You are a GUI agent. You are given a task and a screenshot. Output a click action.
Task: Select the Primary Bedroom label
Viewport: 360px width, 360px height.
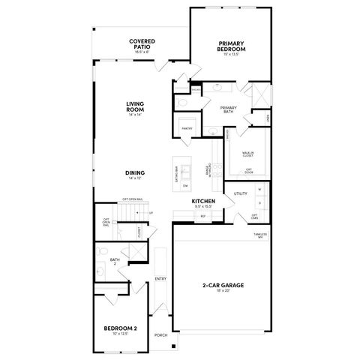tap(232, 47)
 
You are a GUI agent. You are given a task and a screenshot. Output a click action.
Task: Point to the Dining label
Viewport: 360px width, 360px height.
tap(136, 172)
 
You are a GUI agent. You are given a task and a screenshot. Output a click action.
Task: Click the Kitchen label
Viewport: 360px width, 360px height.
tap(203, 202)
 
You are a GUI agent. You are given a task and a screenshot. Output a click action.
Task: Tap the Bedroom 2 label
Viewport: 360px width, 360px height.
tap(119, 329)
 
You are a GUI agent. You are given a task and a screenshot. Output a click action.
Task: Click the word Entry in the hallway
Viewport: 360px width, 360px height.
tap(160, 279)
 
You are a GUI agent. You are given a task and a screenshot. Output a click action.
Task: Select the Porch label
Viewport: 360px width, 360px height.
tap(160, 335)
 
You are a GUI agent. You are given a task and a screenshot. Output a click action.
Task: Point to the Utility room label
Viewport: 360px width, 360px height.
tap(240, 193)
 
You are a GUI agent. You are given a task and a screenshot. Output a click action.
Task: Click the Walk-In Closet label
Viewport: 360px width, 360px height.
tap(247, 154)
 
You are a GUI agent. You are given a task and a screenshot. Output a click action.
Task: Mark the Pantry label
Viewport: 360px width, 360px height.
tap(187, 128)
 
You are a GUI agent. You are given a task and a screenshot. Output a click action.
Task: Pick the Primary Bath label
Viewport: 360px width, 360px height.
tap(229, 109)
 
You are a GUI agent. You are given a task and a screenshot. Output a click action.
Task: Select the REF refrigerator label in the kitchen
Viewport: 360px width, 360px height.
tap(202, 216)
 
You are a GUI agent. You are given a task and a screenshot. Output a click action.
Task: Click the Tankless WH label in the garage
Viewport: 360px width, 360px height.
tap(259, 235)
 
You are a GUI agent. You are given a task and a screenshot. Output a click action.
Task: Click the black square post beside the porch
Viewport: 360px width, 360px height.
tap(172, 347)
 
